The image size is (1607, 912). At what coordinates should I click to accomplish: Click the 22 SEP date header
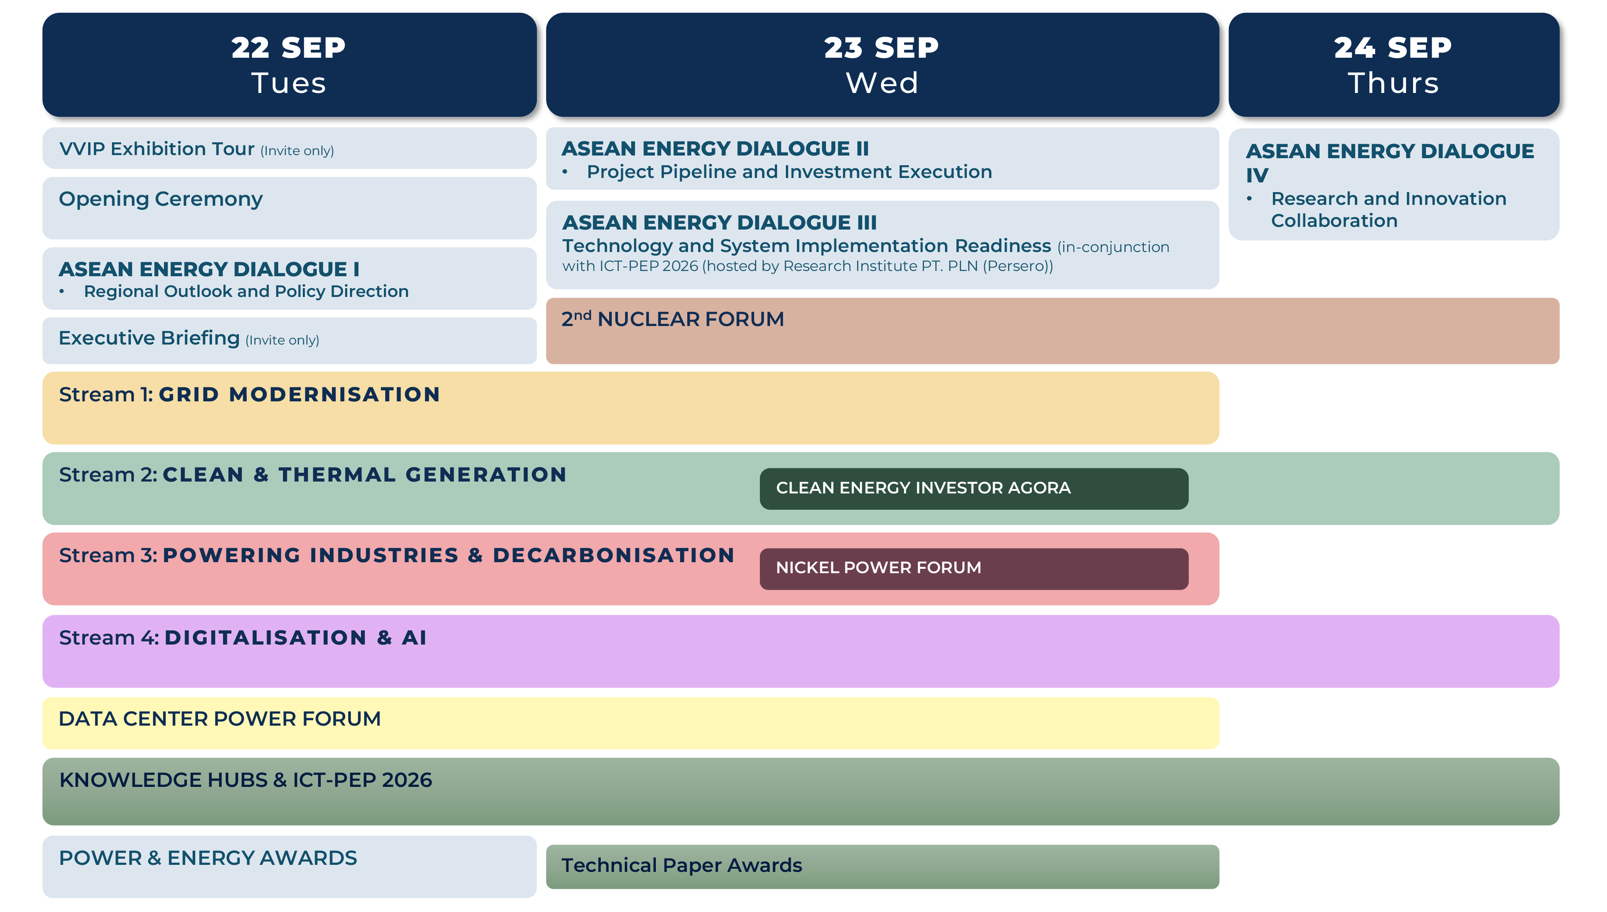288,48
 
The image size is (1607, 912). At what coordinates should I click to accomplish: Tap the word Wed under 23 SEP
882,83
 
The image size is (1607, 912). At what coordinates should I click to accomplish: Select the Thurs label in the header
1393,83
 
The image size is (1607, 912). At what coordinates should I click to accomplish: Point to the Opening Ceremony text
160,199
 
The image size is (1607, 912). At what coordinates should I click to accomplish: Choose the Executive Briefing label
149,338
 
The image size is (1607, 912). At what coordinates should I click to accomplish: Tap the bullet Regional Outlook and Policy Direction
246,292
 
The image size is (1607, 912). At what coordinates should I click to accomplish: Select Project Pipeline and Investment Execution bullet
789,172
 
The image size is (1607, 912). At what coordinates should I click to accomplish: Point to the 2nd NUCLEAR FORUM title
672,319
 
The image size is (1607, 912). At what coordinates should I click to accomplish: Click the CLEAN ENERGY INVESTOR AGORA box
973,489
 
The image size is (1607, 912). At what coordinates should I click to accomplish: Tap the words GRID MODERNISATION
299,395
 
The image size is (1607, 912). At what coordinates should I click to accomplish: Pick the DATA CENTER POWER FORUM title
219,719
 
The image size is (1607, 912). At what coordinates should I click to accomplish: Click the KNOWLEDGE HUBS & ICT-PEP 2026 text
246,780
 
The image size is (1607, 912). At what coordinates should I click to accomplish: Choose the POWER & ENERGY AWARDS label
208,858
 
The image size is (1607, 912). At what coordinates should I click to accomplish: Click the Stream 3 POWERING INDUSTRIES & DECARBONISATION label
396,556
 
